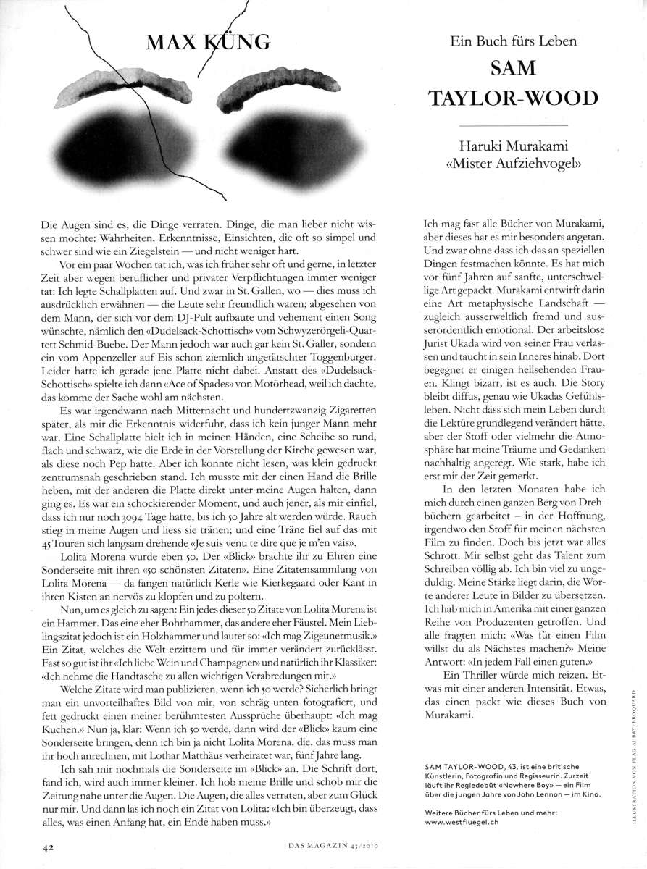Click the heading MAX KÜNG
pyautogui.click(x=208, y=42)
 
